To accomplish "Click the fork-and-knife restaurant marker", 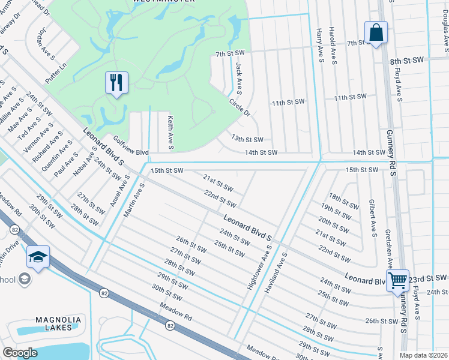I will (x=117, y=83).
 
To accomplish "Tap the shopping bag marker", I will (x=376, y=33).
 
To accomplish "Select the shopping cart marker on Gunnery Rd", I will (x=397, y=280).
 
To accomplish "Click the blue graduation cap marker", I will (x=38, y=258).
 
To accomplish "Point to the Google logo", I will (x=20, y=353).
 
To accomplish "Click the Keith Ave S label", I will (x=170, y=133).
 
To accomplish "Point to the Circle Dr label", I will (x=239, y=106).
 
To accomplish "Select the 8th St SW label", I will (x=407, y=62).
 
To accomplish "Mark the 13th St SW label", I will (x=247, y=139).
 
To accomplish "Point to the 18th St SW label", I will (x=343, y=200).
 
